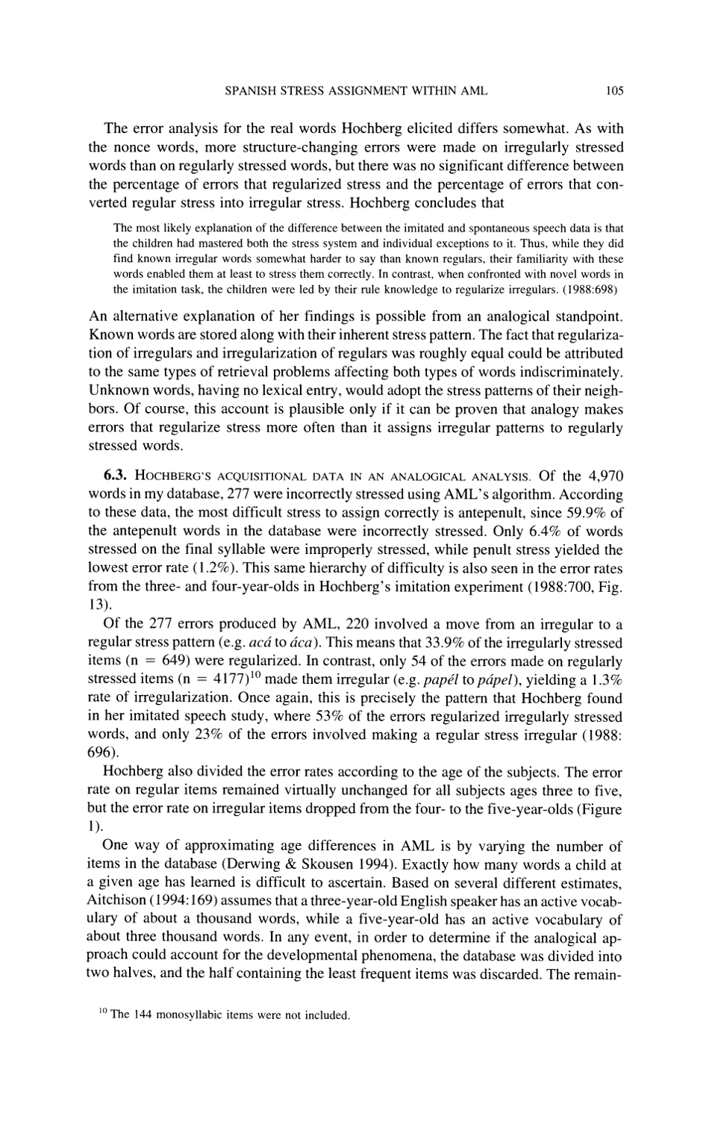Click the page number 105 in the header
coord(613,91)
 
